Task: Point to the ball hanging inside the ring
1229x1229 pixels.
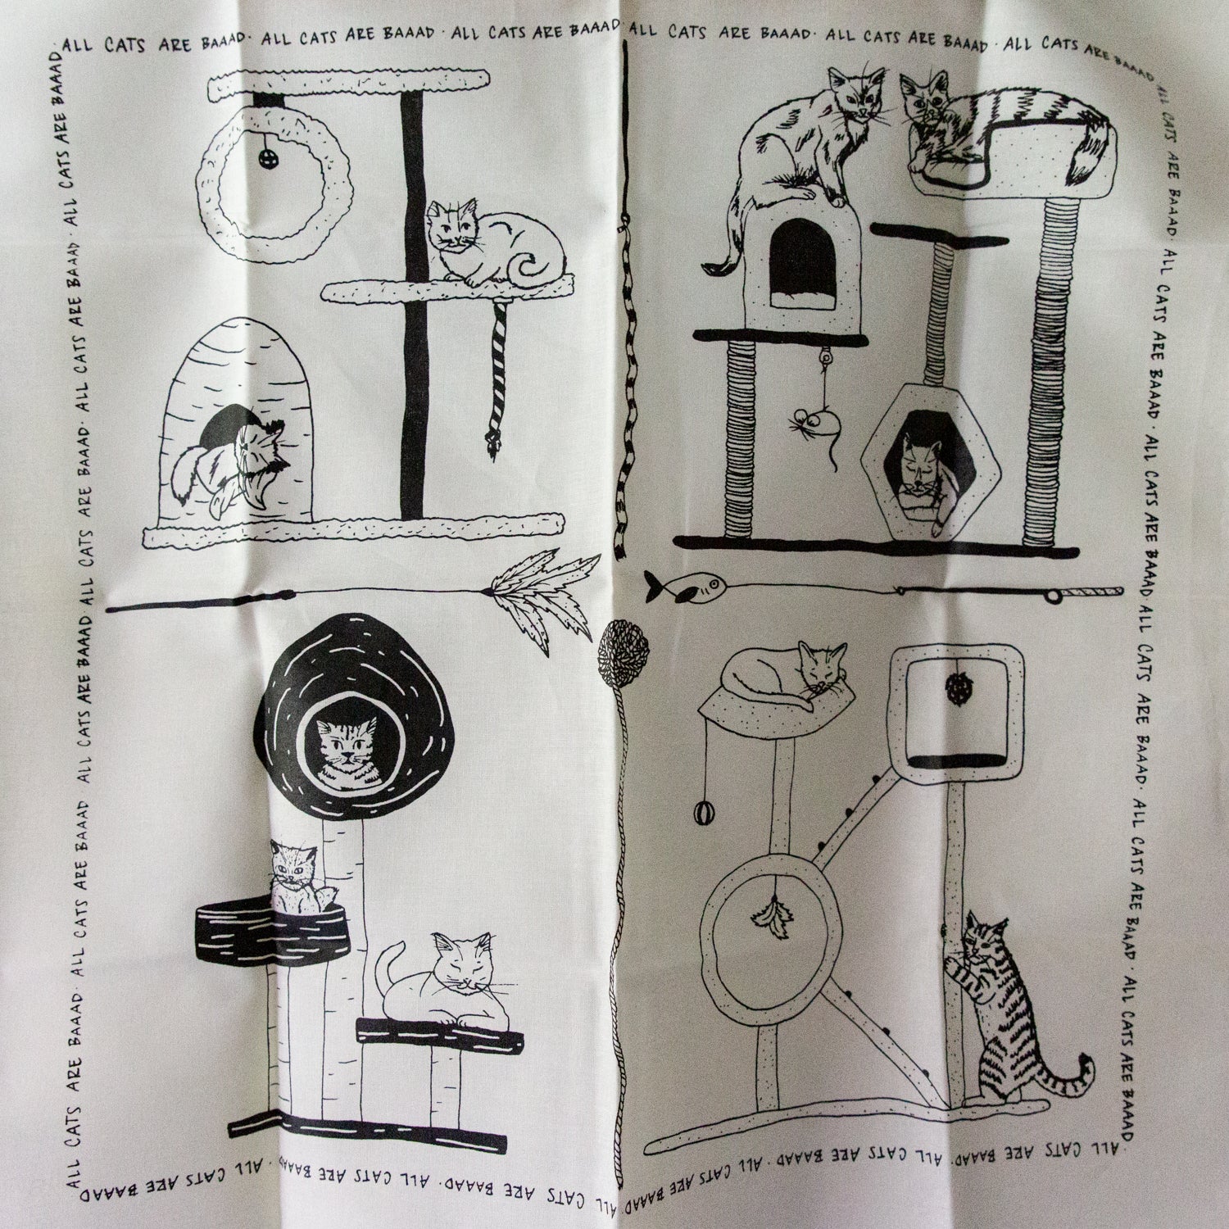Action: [269, 156]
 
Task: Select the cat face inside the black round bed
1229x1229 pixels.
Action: [343, 749]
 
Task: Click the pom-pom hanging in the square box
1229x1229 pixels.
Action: [955, 688]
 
